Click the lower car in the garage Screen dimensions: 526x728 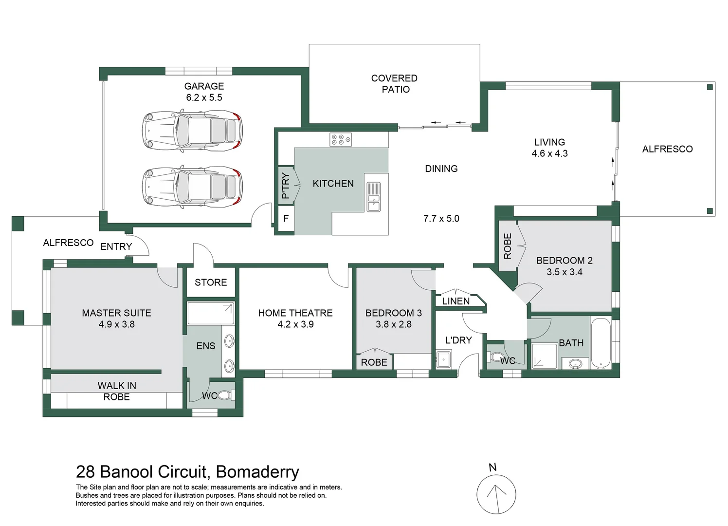click(192, 185)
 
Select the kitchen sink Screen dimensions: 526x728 click(374, 196)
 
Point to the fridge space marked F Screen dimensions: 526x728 click(286, 219)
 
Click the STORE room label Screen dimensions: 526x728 click(211, 282)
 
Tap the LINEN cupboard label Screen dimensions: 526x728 click(456, 301)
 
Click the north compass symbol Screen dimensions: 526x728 click(496, 492)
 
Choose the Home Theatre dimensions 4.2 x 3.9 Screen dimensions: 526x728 click(295, 324)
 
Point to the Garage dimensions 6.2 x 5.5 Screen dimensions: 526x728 click(204, 97)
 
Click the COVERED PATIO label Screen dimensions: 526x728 click(395, 84)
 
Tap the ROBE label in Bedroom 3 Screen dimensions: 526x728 click(374, 362)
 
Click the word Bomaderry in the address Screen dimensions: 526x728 click(257, 472)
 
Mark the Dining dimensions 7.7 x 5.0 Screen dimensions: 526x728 click(441, 219)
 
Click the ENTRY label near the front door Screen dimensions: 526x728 click(116, 247)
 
